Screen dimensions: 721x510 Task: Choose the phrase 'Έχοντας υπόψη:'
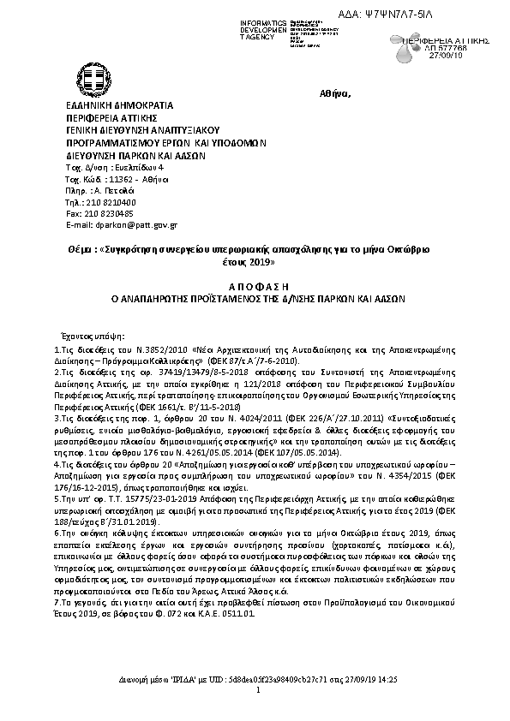(x=91, y=337)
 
